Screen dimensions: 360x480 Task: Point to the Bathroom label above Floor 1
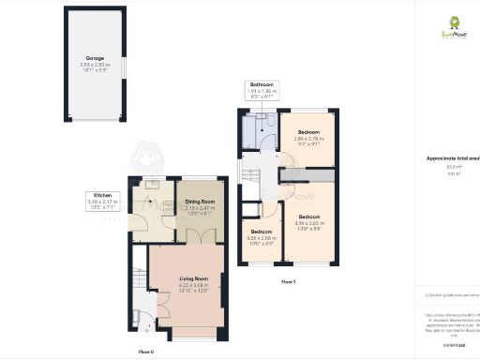[259, 84]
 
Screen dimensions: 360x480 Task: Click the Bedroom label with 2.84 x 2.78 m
[309, 131]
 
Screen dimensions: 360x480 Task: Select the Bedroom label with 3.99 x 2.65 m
[309, 217]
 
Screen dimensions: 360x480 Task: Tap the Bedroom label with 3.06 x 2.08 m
[262, 232]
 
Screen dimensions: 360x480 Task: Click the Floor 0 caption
[145, 351]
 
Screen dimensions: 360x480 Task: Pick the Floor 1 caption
[289, 281]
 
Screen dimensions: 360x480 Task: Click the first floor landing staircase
[249, 174]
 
